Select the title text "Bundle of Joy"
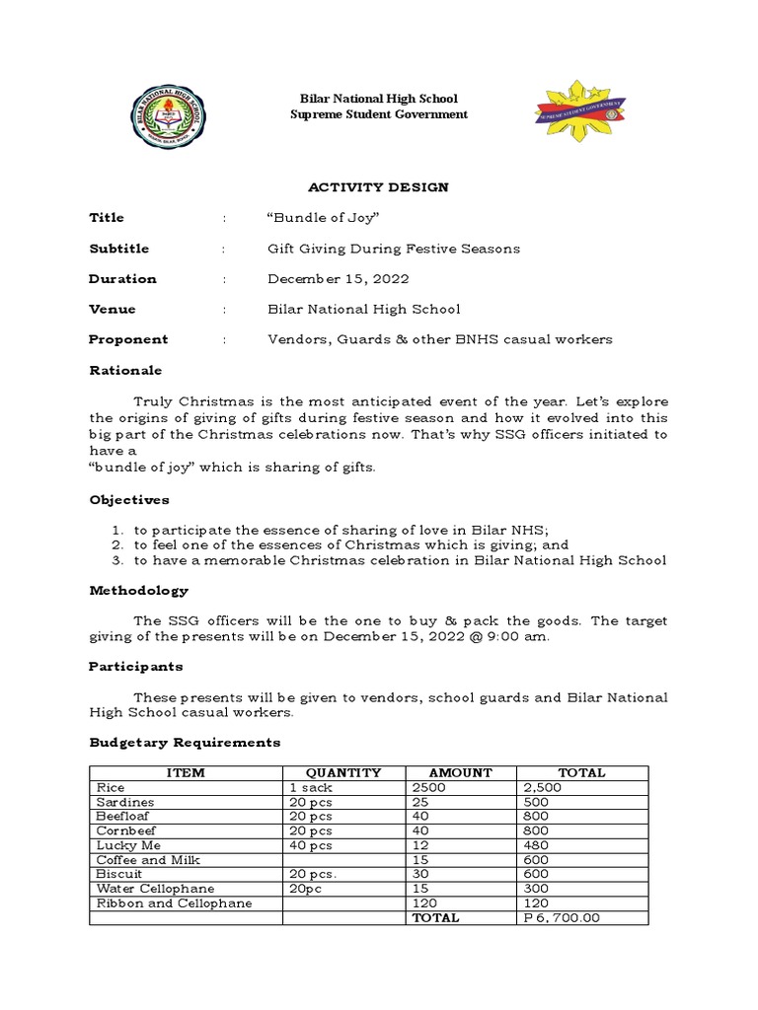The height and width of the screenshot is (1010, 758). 310,218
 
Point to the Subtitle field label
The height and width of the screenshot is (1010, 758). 119,249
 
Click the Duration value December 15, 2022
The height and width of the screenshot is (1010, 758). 338,279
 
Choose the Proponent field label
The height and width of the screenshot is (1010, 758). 128,339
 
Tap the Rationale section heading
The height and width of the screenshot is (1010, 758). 125,370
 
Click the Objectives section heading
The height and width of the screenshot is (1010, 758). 129,500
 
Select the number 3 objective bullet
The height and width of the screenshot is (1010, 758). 115,560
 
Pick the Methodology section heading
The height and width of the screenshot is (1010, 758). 138,591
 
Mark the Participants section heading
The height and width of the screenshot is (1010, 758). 136,667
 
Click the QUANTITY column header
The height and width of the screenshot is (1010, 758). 342,773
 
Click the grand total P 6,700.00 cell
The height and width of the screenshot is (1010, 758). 561,917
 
